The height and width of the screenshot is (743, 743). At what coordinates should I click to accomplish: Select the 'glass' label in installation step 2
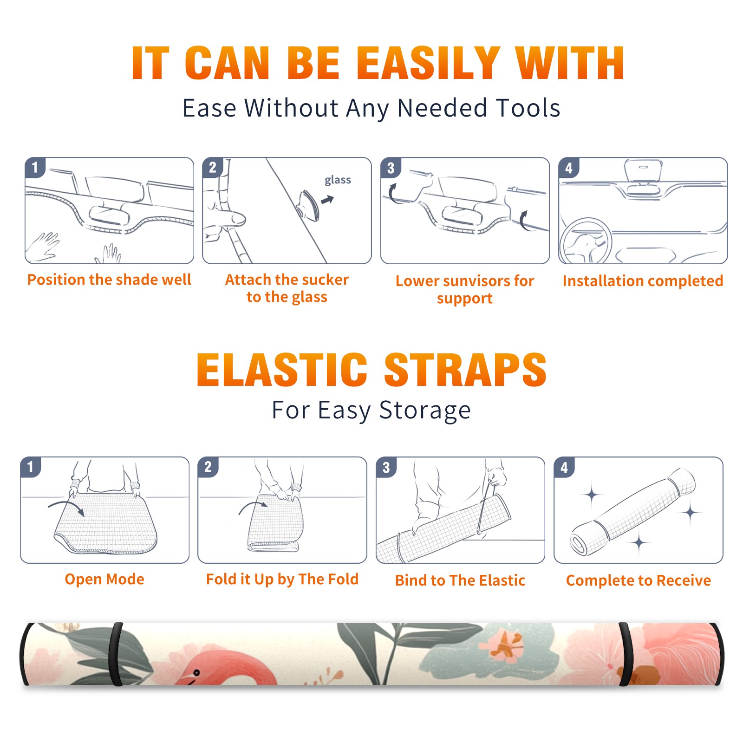[x=338, y=180]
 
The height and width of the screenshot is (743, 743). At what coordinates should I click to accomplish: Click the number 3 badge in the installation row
[x=391, y=168]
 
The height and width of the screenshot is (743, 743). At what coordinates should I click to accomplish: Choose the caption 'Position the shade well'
[x=109, y=280]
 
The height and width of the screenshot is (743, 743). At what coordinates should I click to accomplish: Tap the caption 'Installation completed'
[x=643, y=280]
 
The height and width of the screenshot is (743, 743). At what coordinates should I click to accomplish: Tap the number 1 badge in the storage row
[x=31, y=467]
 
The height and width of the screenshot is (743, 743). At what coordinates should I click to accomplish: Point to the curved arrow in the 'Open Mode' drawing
[x=66, y=506]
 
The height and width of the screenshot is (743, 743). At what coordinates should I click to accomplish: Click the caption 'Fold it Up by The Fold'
[x=282, y=579]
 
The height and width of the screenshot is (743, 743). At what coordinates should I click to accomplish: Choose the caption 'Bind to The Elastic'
[x=460, y=580]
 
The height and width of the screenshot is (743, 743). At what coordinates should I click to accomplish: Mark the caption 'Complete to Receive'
[x=639, y=580]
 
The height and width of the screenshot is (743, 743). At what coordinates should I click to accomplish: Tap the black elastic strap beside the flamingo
[x=116, y=654]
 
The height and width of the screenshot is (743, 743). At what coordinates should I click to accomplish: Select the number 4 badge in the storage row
[x=564, y=467]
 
